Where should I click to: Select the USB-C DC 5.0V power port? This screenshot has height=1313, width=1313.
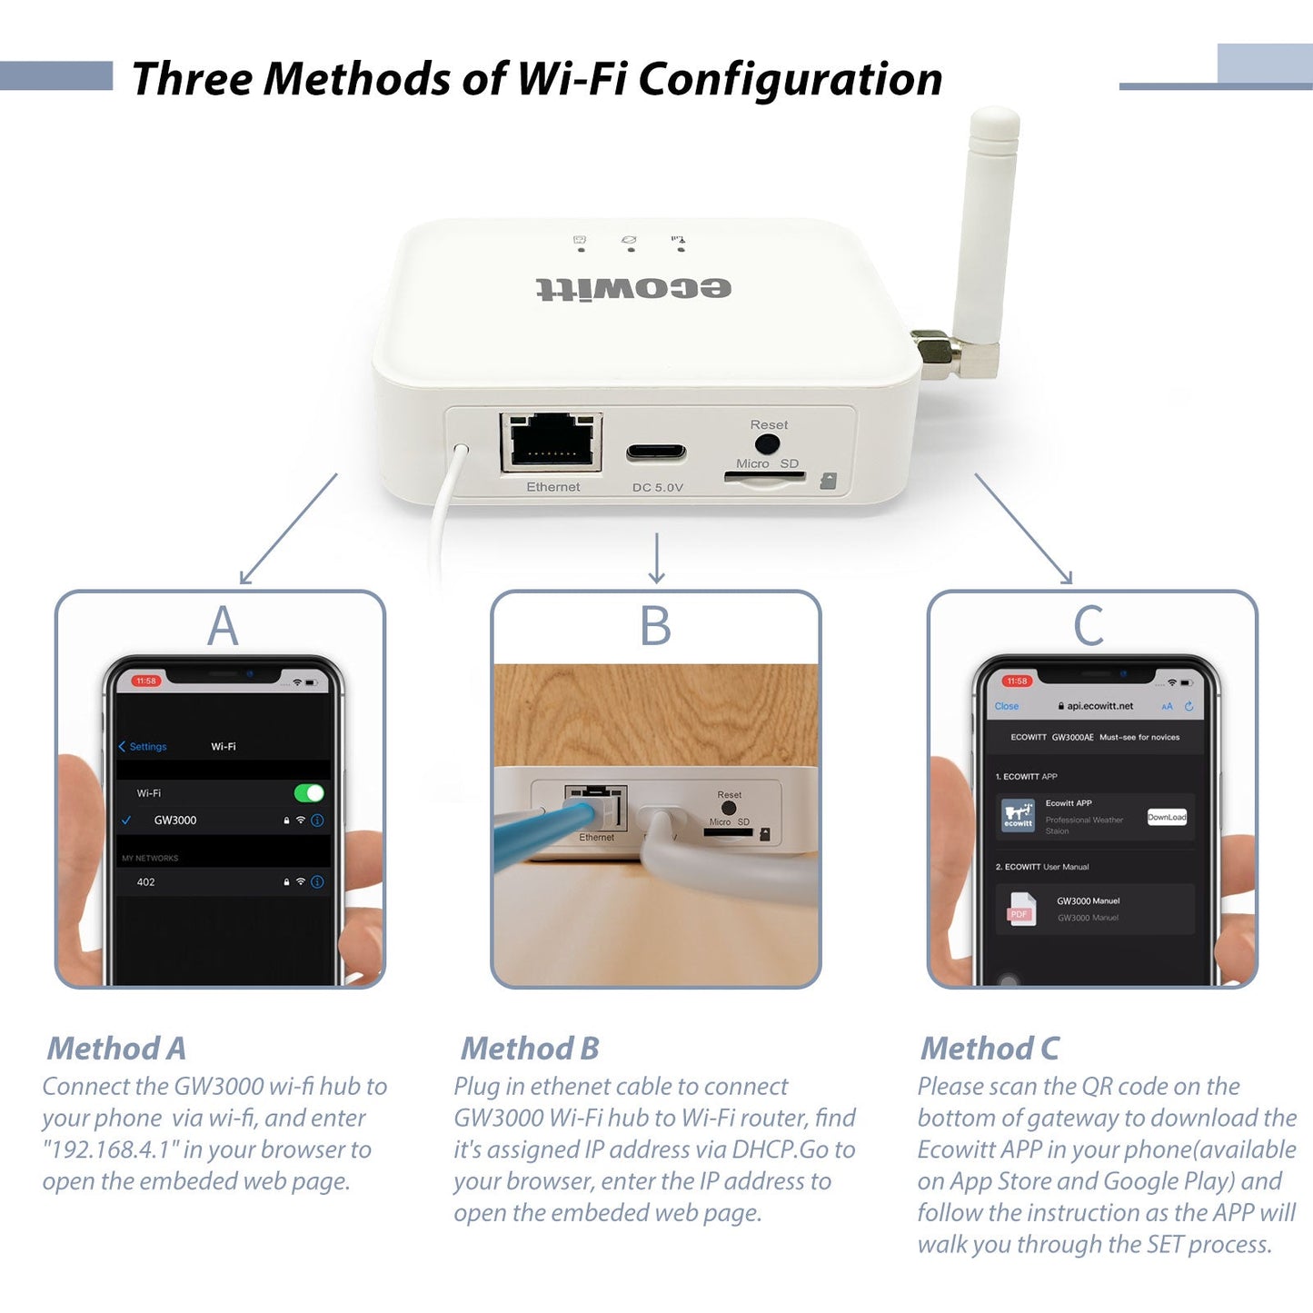656,453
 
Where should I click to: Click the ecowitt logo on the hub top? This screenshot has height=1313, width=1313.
633,289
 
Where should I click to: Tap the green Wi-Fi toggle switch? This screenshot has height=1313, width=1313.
309,793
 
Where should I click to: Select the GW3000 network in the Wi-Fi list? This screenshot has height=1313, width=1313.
175,821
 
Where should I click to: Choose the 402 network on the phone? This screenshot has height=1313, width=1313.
146,882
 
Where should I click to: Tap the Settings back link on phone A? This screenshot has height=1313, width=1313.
144,747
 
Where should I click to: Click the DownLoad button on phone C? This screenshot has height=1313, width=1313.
1167,817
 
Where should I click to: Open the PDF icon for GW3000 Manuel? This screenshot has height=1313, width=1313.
1020,910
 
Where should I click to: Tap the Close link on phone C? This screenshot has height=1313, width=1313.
1006,706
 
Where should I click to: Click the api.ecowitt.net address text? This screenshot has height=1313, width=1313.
1099,706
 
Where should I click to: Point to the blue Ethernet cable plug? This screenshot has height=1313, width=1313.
582,811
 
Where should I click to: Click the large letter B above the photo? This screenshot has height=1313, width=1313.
655,626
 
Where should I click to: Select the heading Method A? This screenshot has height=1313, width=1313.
116,1049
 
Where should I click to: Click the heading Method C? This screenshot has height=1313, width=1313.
990,1049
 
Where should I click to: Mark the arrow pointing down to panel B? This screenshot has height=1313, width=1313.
657,559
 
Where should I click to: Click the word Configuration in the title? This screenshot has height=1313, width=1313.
790,79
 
